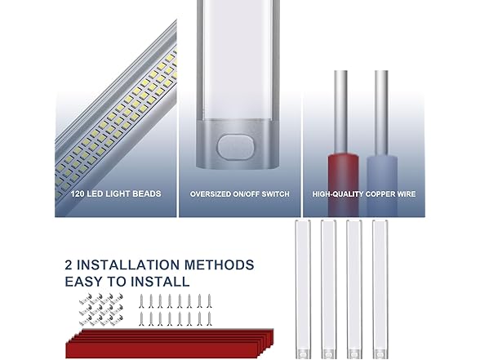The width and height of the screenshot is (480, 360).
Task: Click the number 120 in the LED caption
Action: click(78, 193)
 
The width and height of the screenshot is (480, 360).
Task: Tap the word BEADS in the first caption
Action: click(149, 193)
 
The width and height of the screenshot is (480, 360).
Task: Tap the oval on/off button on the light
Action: click(236, 146)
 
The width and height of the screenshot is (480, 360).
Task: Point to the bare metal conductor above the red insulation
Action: click(340, 113)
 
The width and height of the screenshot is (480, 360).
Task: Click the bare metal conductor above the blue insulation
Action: click(381, 113)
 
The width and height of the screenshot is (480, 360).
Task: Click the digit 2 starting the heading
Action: click(69, 264)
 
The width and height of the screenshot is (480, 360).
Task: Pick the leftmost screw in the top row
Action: click(141, 301)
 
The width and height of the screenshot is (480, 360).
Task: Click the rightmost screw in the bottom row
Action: click(209, 319)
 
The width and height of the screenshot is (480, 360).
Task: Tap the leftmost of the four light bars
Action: click(302, 289)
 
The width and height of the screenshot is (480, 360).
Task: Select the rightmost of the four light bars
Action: click(380, 289)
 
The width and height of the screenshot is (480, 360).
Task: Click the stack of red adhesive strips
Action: click(170, 344)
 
